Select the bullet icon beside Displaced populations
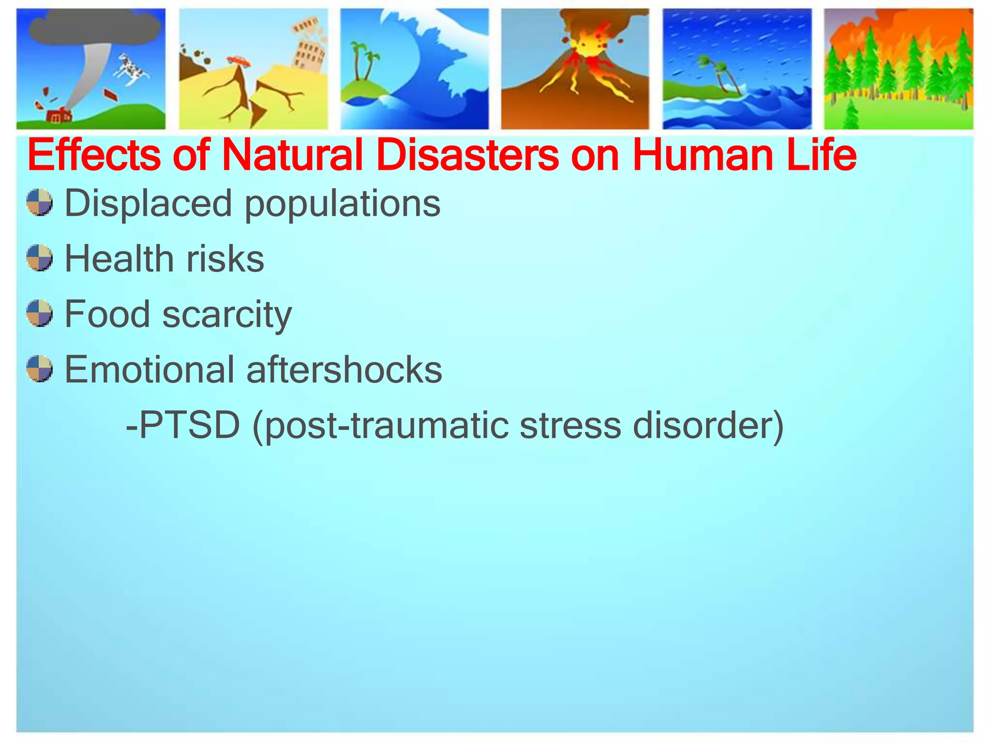coord(39,203)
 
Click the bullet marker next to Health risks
coord(39,258)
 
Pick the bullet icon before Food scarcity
coord(39,313)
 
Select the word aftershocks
coord(344,370)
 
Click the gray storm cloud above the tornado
coord(95,27)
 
